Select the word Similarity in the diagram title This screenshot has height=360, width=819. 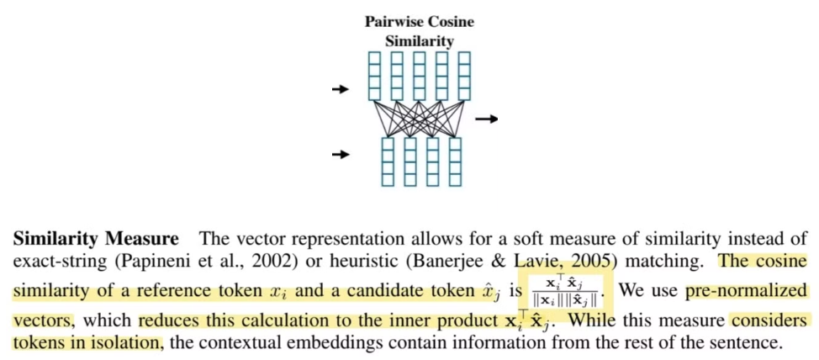click(420, 40)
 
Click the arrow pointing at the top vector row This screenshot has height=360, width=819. click(341, 88)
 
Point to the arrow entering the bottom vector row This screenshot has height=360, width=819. click(341, 154)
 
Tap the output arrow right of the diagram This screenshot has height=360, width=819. click(486, 119)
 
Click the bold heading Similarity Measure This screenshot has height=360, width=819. click(95, 239)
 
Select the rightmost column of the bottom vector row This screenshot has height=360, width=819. click(455, 161)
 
